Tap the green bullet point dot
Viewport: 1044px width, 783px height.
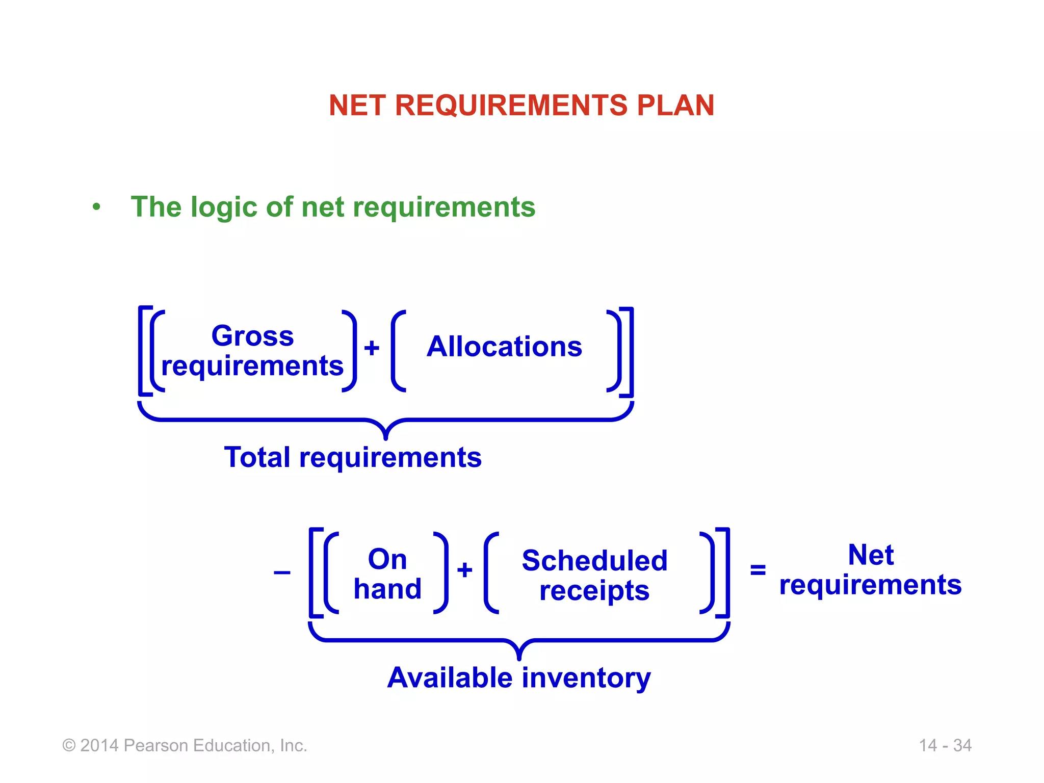click(x=96, y=207)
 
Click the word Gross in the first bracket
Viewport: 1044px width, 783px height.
click(x=252, y=336)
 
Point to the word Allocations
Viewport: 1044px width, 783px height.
click(x=504, y=347)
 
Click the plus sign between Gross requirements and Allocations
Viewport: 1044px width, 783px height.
click(x=372, y=348)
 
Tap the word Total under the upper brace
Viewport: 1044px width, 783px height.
click(x=257, y=457)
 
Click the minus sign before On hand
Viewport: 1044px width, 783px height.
click(x=282, y=572)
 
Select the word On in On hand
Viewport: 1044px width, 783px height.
click(x=387, y=559)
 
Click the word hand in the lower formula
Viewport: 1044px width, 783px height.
click(x=387, y=589)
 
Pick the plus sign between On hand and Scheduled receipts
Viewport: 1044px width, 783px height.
click(x=464, y=570)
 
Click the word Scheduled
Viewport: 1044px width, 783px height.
click(x=594, y=561)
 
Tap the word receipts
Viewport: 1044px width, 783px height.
click(x=594, y=591)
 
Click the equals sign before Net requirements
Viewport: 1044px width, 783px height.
click(x=758, y=569)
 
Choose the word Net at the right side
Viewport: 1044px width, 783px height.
click(x=870, y=555)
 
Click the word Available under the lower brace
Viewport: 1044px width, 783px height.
click(x=450, y=678)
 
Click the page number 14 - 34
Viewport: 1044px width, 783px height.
click(x=945, y=745)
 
